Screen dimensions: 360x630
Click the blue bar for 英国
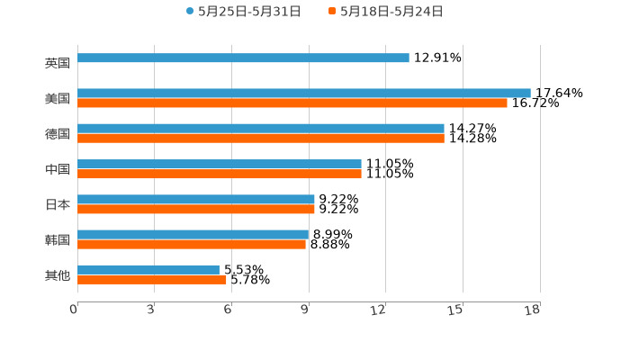coord(243,58)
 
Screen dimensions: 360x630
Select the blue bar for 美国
coord(304,93)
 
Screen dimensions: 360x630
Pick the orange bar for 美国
coord(292,103)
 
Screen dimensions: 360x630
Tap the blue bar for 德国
coord(261,128)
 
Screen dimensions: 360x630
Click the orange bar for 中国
coord(220,174)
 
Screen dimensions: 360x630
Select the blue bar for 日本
coord(196,199)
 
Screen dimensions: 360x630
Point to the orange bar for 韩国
coord(192,244)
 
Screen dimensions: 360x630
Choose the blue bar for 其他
coord(148,269)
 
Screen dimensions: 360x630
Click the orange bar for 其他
coord(152,279)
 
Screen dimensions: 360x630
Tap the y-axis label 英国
coord(58,63)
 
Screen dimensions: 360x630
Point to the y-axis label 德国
coord(58,133)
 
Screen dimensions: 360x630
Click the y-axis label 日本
coord(58,204)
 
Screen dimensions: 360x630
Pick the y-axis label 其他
coord(58,274)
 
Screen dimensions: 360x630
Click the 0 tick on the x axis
coord(74,310)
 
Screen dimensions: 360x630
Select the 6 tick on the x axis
coord(228,310)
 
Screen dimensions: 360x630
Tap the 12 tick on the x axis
coord(379,310)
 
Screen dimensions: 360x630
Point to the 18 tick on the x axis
coord(533,310)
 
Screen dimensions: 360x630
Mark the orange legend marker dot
coord(332,12)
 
